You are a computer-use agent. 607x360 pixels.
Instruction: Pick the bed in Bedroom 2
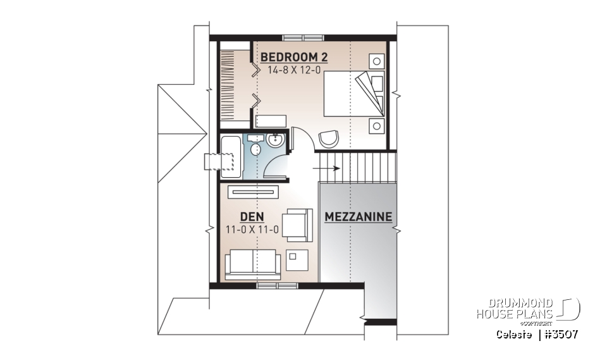coord(354,93)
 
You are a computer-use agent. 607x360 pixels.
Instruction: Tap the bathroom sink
coord(276,140)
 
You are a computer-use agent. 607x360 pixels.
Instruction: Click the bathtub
coord(231,156)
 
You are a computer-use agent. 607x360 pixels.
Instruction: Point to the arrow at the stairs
coord(329,168)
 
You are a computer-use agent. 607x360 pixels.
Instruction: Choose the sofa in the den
coord(253,264)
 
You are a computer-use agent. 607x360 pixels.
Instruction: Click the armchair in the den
coord(296,225)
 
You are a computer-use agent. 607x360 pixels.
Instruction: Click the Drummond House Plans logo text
coord(515,309)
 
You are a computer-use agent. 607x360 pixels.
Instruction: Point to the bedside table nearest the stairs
coord(377,125)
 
